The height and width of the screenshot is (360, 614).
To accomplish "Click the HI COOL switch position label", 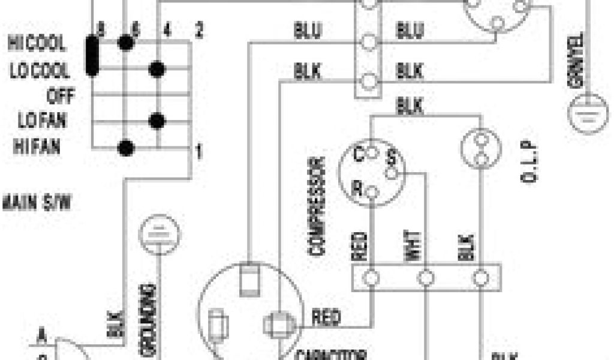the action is (x=37, y=44).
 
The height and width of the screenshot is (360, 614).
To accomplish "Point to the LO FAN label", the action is (x=42, y=121).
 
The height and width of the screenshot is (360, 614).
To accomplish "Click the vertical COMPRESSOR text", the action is (x=318, y=207).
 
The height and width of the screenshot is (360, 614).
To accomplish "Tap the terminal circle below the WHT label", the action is (x=426, y=278).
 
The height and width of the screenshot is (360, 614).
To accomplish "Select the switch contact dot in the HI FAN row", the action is (x=125, y=146).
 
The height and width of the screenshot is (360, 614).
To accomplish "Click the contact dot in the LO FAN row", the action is (x=157, y=121).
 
